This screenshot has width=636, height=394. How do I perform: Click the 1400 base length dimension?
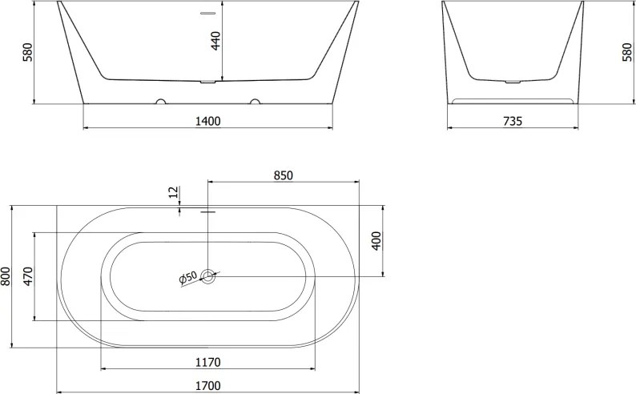(x=207, y=121)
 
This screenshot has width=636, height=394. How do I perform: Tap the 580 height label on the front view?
(x=27, y=53)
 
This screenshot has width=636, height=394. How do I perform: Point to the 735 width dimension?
(x=512, y=121)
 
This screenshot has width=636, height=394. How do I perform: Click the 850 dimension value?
(x=283, y=175)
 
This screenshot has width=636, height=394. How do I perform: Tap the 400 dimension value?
(x=376, y=240)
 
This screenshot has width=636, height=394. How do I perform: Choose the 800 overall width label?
(x=6, y=277)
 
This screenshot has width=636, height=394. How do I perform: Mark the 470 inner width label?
(x=27, y=277)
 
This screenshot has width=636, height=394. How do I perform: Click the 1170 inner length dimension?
(x=207, y=362)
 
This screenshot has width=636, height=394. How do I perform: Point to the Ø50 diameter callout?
(x=187, y=278)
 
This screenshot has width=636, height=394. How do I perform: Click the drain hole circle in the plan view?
(x=208, y=277)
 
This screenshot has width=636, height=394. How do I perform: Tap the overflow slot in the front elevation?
(x=208, y=13)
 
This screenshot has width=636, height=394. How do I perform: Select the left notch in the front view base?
(x=160, y=102)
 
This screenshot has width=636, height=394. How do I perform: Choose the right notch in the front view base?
(x=256, y=102)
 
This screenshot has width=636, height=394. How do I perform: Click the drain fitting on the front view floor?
(x=208, y=82)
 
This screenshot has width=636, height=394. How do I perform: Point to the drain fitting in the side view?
(x=512, y=82)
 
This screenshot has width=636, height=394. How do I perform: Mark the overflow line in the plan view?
(x=208, y=212)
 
